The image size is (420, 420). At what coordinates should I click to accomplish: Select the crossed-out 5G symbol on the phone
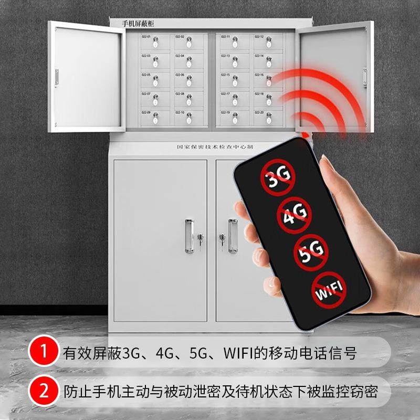point(311,251)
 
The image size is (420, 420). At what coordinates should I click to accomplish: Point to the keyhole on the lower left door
point(200,240)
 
